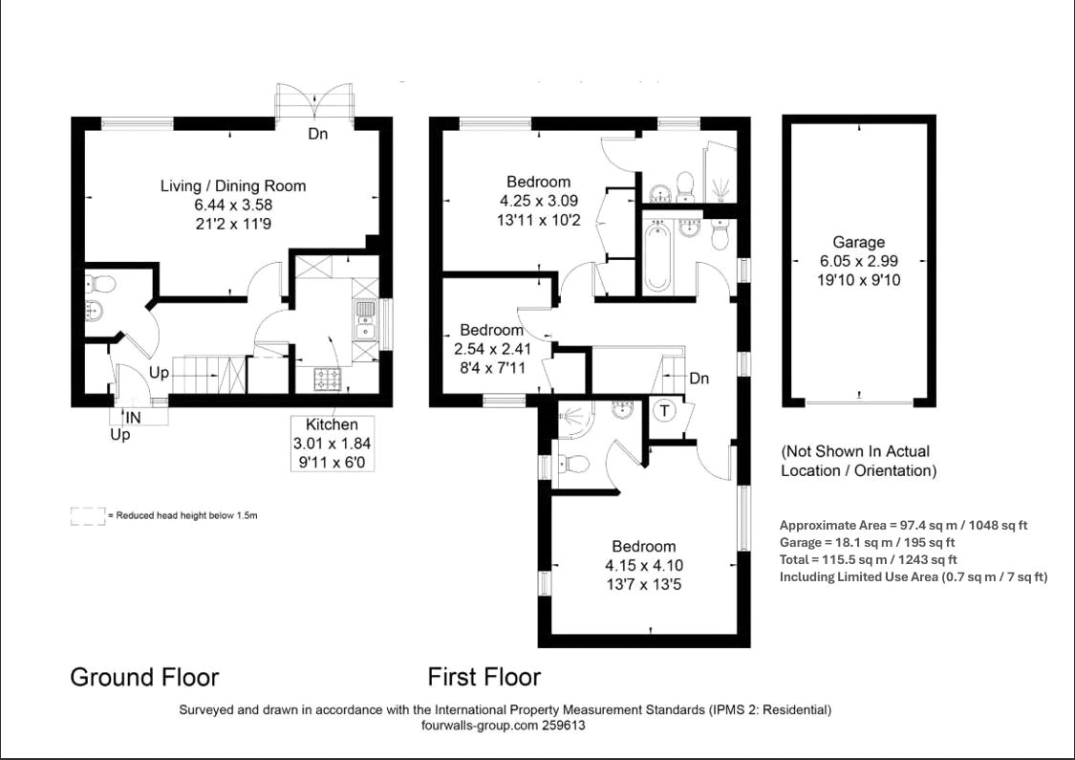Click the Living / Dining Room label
pos(232,185)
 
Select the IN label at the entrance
pos(133,417)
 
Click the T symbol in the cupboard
pos(663,411)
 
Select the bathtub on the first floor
pos(656,256)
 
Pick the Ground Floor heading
pos(144,678)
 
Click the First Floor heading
pos(484,678)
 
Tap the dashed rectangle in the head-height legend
pos(87,516)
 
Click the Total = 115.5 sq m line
pos(869,559)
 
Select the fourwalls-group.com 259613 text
pos(503,726)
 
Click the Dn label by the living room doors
pos(317,134)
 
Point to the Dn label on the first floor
pos(699,379)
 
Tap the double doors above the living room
pos(314,100)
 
